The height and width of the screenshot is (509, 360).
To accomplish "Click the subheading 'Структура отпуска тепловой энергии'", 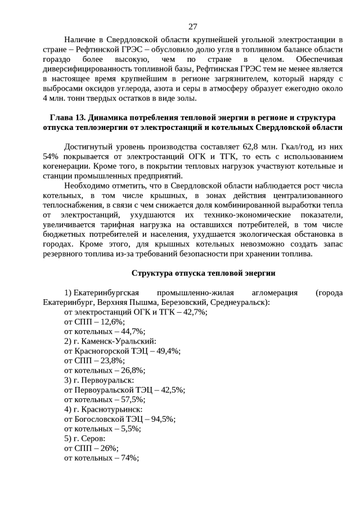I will click(203, 273).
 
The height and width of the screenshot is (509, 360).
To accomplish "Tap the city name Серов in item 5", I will click(92, 438).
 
